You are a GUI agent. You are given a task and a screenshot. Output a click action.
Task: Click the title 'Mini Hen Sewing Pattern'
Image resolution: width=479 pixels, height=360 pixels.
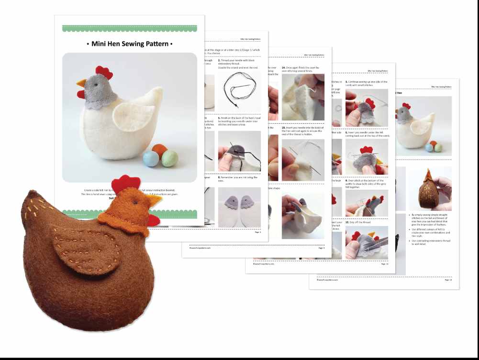click(x=129, y=44)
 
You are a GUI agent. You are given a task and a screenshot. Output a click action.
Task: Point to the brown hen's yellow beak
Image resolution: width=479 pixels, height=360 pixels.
click(x=156, y=201)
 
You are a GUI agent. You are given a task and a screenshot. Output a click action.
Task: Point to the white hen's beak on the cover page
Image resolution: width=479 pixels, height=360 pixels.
click(x=81, y=83)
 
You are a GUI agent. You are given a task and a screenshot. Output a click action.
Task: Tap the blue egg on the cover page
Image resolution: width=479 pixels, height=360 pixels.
click(x=151, y=159)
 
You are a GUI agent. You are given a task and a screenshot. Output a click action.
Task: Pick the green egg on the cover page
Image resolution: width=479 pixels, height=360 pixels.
click(x=169, y=158)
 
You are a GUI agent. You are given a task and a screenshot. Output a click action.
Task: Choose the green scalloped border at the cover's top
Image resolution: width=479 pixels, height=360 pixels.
click(x=129, y=28)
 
